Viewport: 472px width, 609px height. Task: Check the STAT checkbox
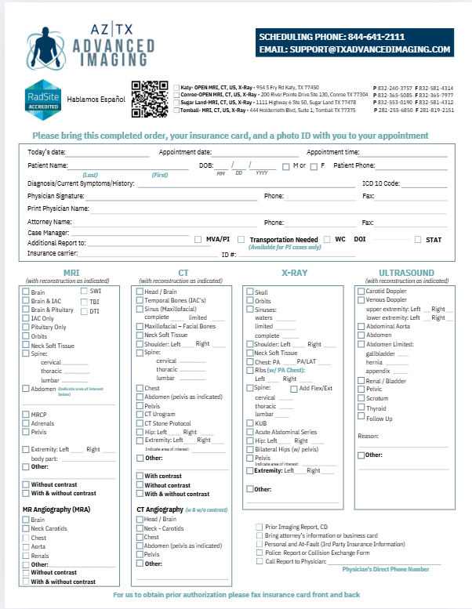pyautogui.click(x=418, y=239)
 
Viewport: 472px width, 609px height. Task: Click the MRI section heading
pyautogui.click(x=71, y=272)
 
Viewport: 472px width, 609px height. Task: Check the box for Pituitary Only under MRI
pyautogui.click(x=26, y=328)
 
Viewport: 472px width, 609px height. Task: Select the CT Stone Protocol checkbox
pyautogui.click(x=140, y=423)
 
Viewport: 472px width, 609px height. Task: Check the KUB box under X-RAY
pyautogui.click(x=250, y=422)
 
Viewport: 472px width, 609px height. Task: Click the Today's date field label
pyautogui.click(x=48, y=152)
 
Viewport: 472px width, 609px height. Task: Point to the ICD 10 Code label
pyautogui.click(x=380, y=183)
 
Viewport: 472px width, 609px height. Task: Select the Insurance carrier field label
pyautogui.click(x=52, y=254)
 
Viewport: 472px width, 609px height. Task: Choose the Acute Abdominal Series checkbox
pyautogui.click(x=250, y=432)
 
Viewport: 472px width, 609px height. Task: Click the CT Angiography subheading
pyautogui.click(x=161, y=509)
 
